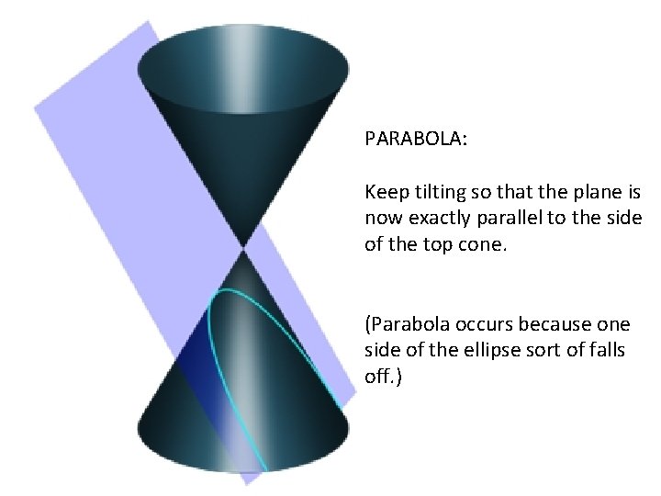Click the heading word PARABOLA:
(416, 139)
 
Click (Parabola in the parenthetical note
(405, 325)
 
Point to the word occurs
(479, 325)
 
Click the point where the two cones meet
(243, 247)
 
